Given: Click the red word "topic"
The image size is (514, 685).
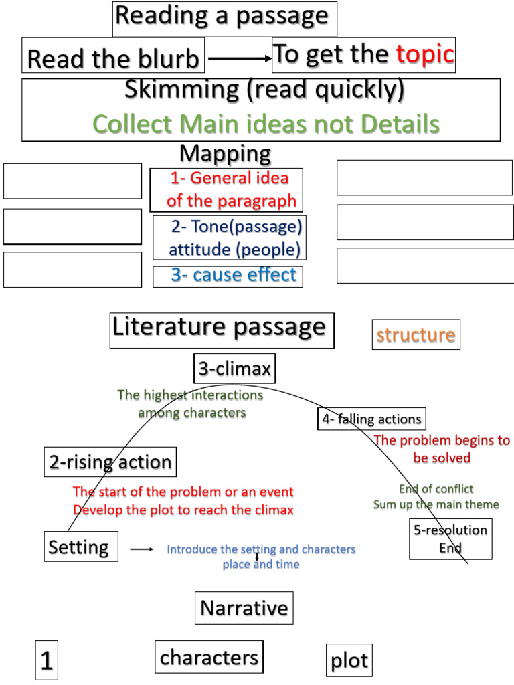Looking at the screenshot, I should (425, 55).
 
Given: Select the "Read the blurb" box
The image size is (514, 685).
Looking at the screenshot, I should (113, 59).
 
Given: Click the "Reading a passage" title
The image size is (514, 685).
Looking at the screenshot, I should (224, 17).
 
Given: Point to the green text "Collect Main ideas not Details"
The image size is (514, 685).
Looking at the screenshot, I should (266, 124).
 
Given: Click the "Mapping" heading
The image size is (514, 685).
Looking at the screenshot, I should (225, 154).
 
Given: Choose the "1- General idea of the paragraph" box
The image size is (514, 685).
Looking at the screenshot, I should (227, 189).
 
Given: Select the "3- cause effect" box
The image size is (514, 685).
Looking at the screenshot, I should (228, 276).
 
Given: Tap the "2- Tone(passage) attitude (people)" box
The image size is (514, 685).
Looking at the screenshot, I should (228, 238).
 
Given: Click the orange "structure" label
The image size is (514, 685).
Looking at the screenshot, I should (416, 334).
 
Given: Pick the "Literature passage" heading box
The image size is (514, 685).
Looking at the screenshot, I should (222, 329).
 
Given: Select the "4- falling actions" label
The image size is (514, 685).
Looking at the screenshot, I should (371, 419).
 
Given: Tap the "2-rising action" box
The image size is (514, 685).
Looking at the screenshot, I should (110, 462).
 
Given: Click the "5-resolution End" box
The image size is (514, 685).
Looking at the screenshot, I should (450, 539).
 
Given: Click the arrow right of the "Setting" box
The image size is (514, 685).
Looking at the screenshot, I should (141, 549).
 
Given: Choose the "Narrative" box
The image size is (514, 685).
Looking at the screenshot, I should (244, 608).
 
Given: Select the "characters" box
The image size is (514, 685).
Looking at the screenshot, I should (209, 657).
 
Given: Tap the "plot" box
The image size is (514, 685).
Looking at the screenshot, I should (349, 661).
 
